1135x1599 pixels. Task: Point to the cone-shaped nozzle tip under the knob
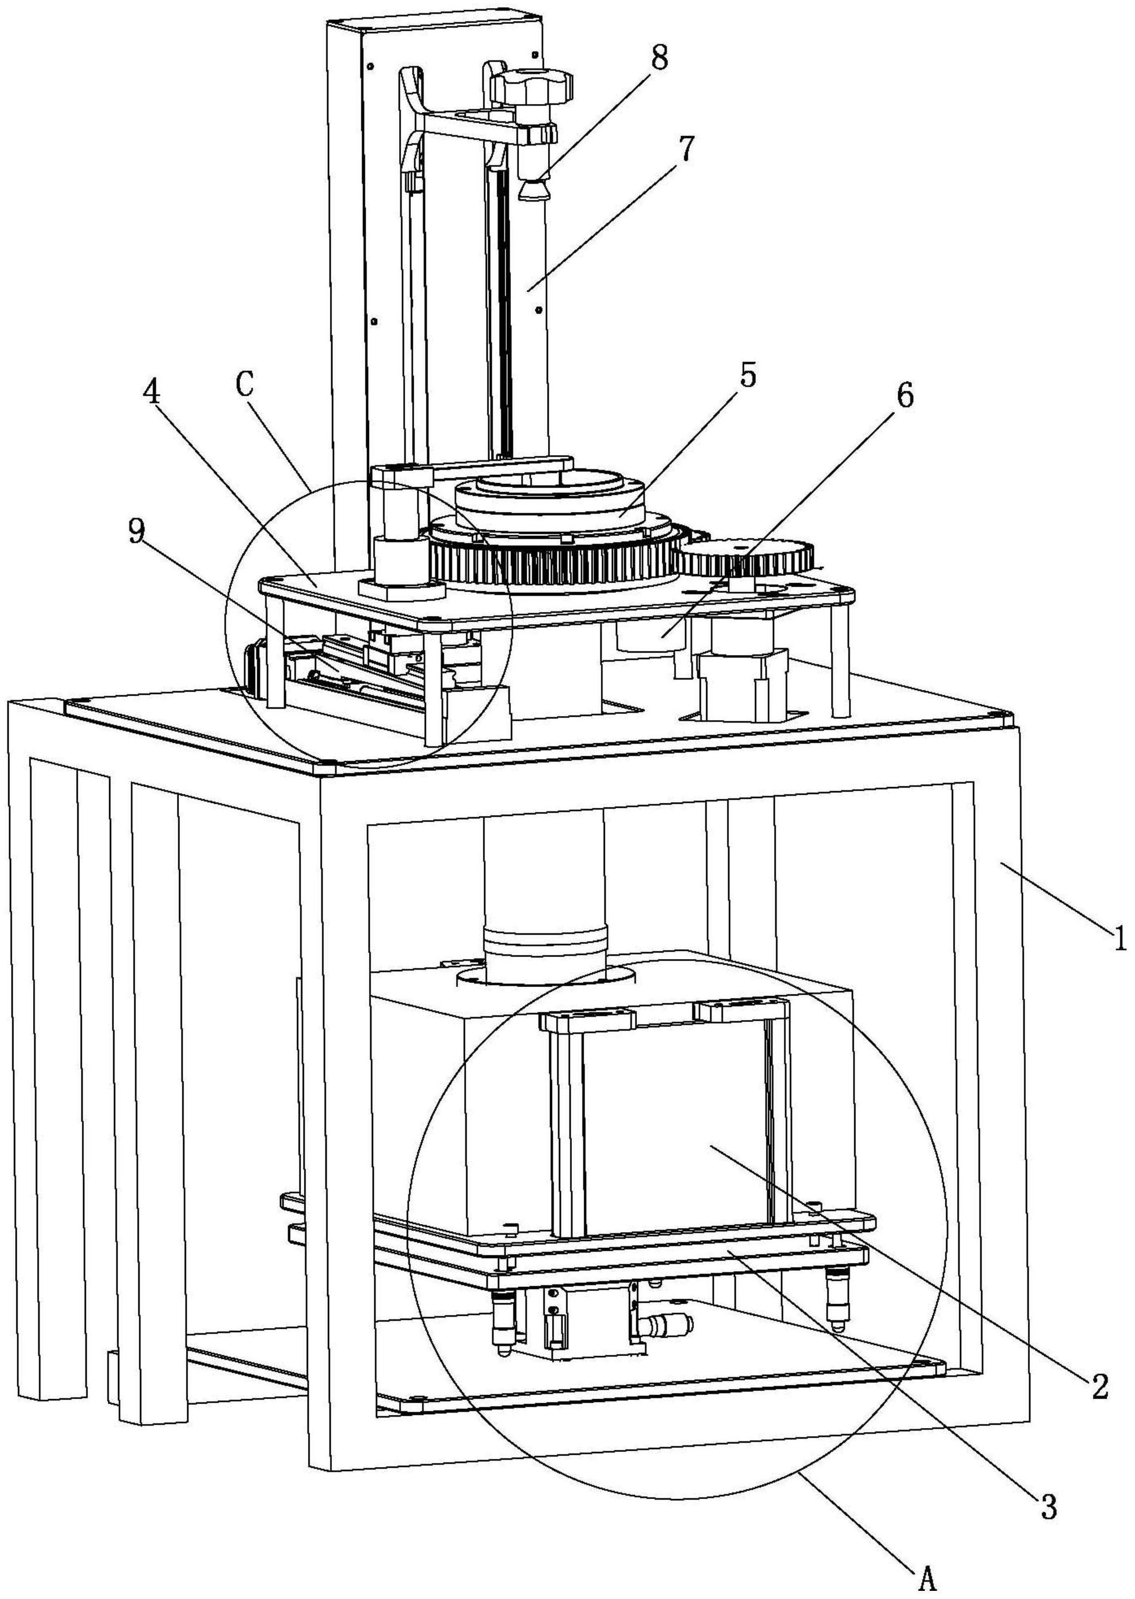point(535,187)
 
